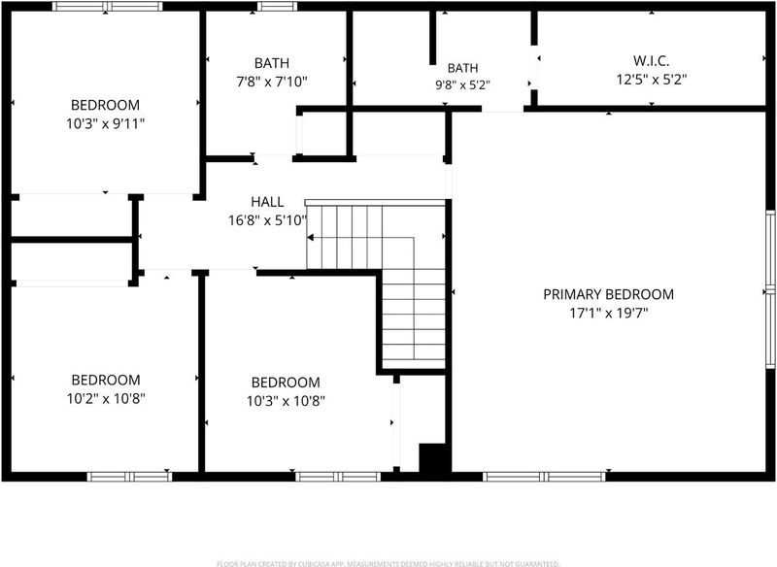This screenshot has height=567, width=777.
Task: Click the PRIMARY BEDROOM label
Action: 609,294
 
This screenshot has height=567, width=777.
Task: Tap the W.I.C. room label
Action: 651,61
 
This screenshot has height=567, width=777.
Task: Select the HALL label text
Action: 267,202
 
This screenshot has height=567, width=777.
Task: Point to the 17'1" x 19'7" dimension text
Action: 609,313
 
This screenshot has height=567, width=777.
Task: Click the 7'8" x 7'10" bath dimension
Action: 272,82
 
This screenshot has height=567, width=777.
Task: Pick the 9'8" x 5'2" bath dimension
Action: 462,85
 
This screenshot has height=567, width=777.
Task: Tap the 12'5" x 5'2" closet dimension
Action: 651,80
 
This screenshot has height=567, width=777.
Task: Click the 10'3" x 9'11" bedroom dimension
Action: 105,123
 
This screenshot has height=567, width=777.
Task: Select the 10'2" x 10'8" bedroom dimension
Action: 106,398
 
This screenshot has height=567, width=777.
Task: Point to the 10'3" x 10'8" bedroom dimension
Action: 286,401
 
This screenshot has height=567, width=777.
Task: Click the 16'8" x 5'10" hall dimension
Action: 267,220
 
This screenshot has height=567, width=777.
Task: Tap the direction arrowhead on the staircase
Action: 310,238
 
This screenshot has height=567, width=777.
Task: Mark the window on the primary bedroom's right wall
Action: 770,289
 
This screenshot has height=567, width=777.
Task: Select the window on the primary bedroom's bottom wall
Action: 544,477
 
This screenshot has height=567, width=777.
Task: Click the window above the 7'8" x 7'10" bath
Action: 277,7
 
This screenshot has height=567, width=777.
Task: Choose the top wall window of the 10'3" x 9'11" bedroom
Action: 107,7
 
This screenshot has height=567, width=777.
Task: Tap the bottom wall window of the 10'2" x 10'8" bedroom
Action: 129,477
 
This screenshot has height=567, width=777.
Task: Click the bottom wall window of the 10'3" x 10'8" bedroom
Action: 338,477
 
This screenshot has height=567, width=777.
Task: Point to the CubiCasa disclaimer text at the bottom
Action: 388,563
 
